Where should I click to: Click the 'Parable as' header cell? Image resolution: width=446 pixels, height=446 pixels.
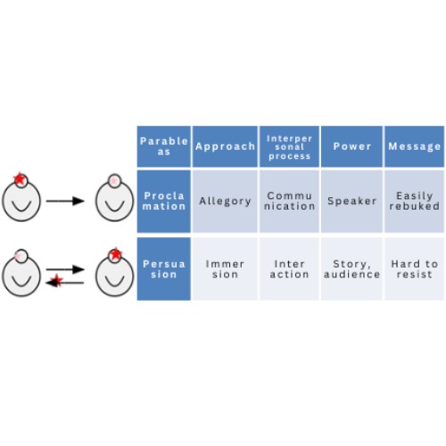pyautogui.click(x=164, y=146)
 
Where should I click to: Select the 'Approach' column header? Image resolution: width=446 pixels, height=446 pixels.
pyautogui.click(x=225, y=146)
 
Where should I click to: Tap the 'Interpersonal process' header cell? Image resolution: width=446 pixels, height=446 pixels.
pyautogui.click(x=289, y=146)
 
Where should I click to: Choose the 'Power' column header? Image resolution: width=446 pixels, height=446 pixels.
pyautogui.click(x=351, y=146)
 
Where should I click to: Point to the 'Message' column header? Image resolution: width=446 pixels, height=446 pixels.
pyautogui.click(x=415, y=146)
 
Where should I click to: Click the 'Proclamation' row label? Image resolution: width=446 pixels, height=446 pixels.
pyautogui.click(x=164, y=201)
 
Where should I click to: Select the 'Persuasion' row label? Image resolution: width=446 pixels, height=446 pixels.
pyautogui.click(x=164, y=268)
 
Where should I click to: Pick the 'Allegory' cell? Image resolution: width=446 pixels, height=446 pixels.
pyautogui.click(x=225, y=201)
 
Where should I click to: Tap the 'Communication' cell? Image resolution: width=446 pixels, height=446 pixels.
pyautogui.click(x=289, y=201)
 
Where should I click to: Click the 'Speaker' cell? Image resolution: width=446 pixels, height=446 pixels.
pyautogui.click(x=351, y=201)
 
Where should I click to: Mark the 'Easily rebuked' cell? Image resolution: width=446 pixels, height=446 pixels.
pyautogui.click(x=415, y=201)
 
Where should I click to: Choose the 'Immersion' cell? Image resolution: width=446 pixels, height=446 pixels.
pyautogui.click(x=225, y=268)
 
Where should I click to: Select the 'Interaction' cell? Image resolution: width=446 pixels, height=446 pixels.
pyautogui.click(x=289, y=268)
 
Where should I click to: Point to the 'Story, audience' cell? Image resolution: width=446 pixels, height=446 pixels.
pyautogui.click(x=351, y=268)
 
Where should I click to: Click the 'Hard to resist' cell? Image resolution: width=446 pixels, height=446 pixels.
pyautogui.click(x=415, y=268)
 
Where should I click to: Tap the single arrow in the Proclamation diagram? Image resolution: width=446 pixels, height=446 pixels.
pyautogui.click(x=65, y=201)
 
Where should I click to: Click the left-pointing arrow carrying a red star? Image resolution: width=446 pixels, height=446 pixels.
pyautogui.click(x=65, y=282)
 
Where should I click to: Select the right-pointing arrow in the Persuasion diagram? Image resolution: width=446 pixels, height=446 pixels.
pyautogui.click(x=65, y=269)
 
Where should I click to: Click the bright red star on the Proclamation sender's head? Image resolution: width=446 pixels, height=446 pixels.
pyautogui.click(x=20, y=179)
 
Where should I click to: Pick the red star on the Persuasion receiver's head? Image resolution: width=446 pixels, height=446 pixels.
pyautogui.click(x=115, y=254)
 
